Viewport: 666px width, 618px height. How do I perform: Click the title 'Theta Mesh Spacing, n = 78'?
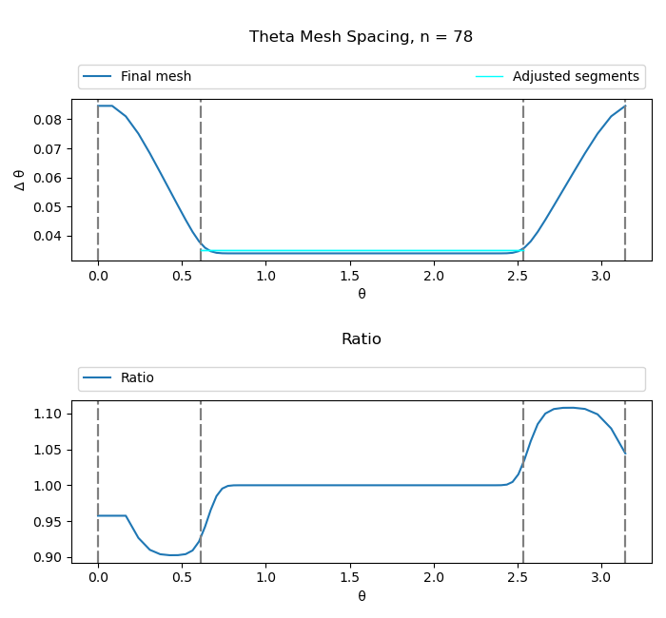(361, 37)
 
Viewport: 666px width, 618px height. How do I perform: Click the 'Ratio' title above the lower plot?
(361, 339)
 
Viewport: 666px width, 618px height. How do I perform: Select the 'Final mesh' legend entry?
(155, 77)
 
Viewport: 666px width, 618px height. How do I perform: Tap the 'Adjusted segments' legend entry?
(575, 77)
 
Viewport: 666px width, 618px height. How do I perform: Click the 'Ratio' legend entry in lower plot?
(137, 378)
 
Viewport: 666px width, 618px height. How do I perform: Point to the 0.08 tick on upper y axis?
(51, 120)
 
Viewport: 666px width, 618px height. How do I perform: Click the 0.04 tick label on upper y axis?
(51, 236)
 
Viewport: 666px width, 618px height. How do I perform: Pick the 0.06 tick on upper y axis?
(51, 178)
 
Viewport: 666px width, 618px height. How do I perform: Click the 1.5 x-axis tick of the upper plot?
(350, 276)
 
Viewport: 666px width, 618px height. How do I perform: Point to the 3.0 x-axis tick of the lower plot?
(601, 578)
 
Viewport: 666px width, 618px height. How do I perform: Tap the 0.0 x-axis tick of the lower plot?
(98, 578)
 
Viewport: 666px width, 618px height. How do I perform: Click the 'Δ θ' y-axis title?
(20, 180)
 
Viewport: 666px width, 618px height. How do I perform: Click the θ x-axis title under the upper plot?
(362, 294)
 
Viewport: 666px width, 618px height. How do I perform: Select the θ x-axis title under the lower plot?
(362, 596)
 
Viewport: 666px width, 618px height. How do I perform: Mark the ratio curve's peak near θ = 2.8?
(568, 408)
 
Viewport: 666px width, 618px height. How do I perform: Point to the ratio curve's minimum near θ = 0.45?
(173, 555)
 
